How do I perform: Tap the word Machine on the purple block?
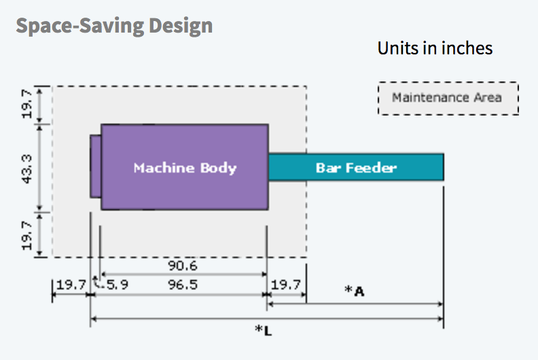pyautogui.click(x=163, y=168)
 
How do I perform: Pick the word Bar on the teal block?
pyautogui.click(x=326, y=168)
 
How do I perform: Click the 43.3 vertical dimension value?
pyautogui.click(x=26, y=167)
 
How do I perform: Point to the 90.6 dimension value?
pyautogui.click(x=183, y=266)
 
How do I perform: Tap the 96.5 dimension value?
pyautogui.click(x=183, y=285)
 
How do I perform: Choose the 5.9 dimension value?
pyautogui.click(x=118, y=285)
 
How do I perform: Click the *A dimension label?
pyautogui.click(x=355, y=291)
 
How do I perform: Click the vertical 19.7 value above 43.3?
pyautogui.click(x=26, y=104)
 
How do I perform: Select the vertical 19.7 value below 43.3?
pyautogui.click(x=26, y=234)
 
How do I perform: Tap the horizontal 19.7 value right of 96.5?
pyautogui.click(x=286, y=285)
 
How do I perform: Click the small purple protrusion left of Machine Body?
pyautogui.click(x=95, y=166)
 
